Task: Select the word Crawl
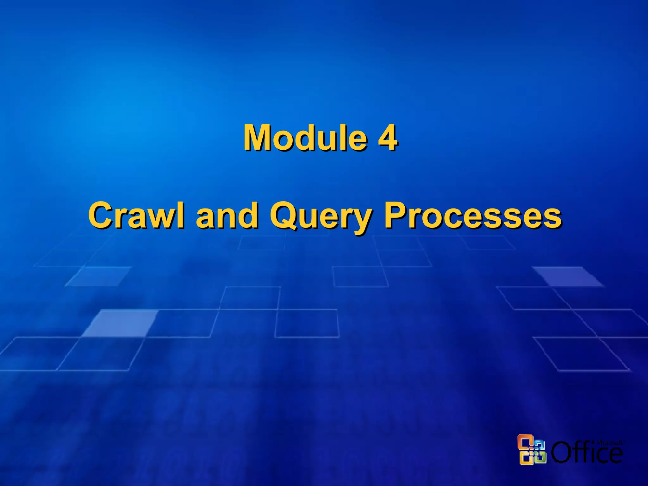tap(136, 215)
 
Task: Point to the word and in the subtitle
tap(227, 215)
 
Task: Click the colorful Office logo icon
tap(532, 450)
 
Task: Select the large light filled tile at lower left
tap(120, 323)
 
